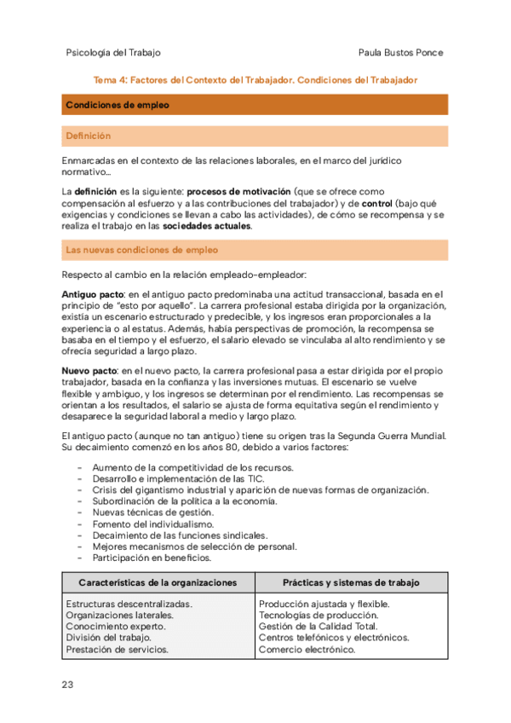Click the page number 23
click(68, 685)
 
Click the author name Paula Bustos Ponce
click(401, 52)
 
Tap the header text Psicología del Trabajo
click(112, 52)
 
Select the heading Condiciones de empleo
click(117, 105)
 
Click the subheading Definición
click(88, 136)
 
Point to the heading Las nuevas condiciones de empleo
click(141, 250)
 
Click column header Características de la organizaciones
click(158, 582)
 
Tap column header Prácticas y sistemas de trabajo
click(351, 582)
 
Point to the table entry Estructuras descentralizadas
click(129, 604)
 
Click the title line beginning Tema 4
click(255, 79)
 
